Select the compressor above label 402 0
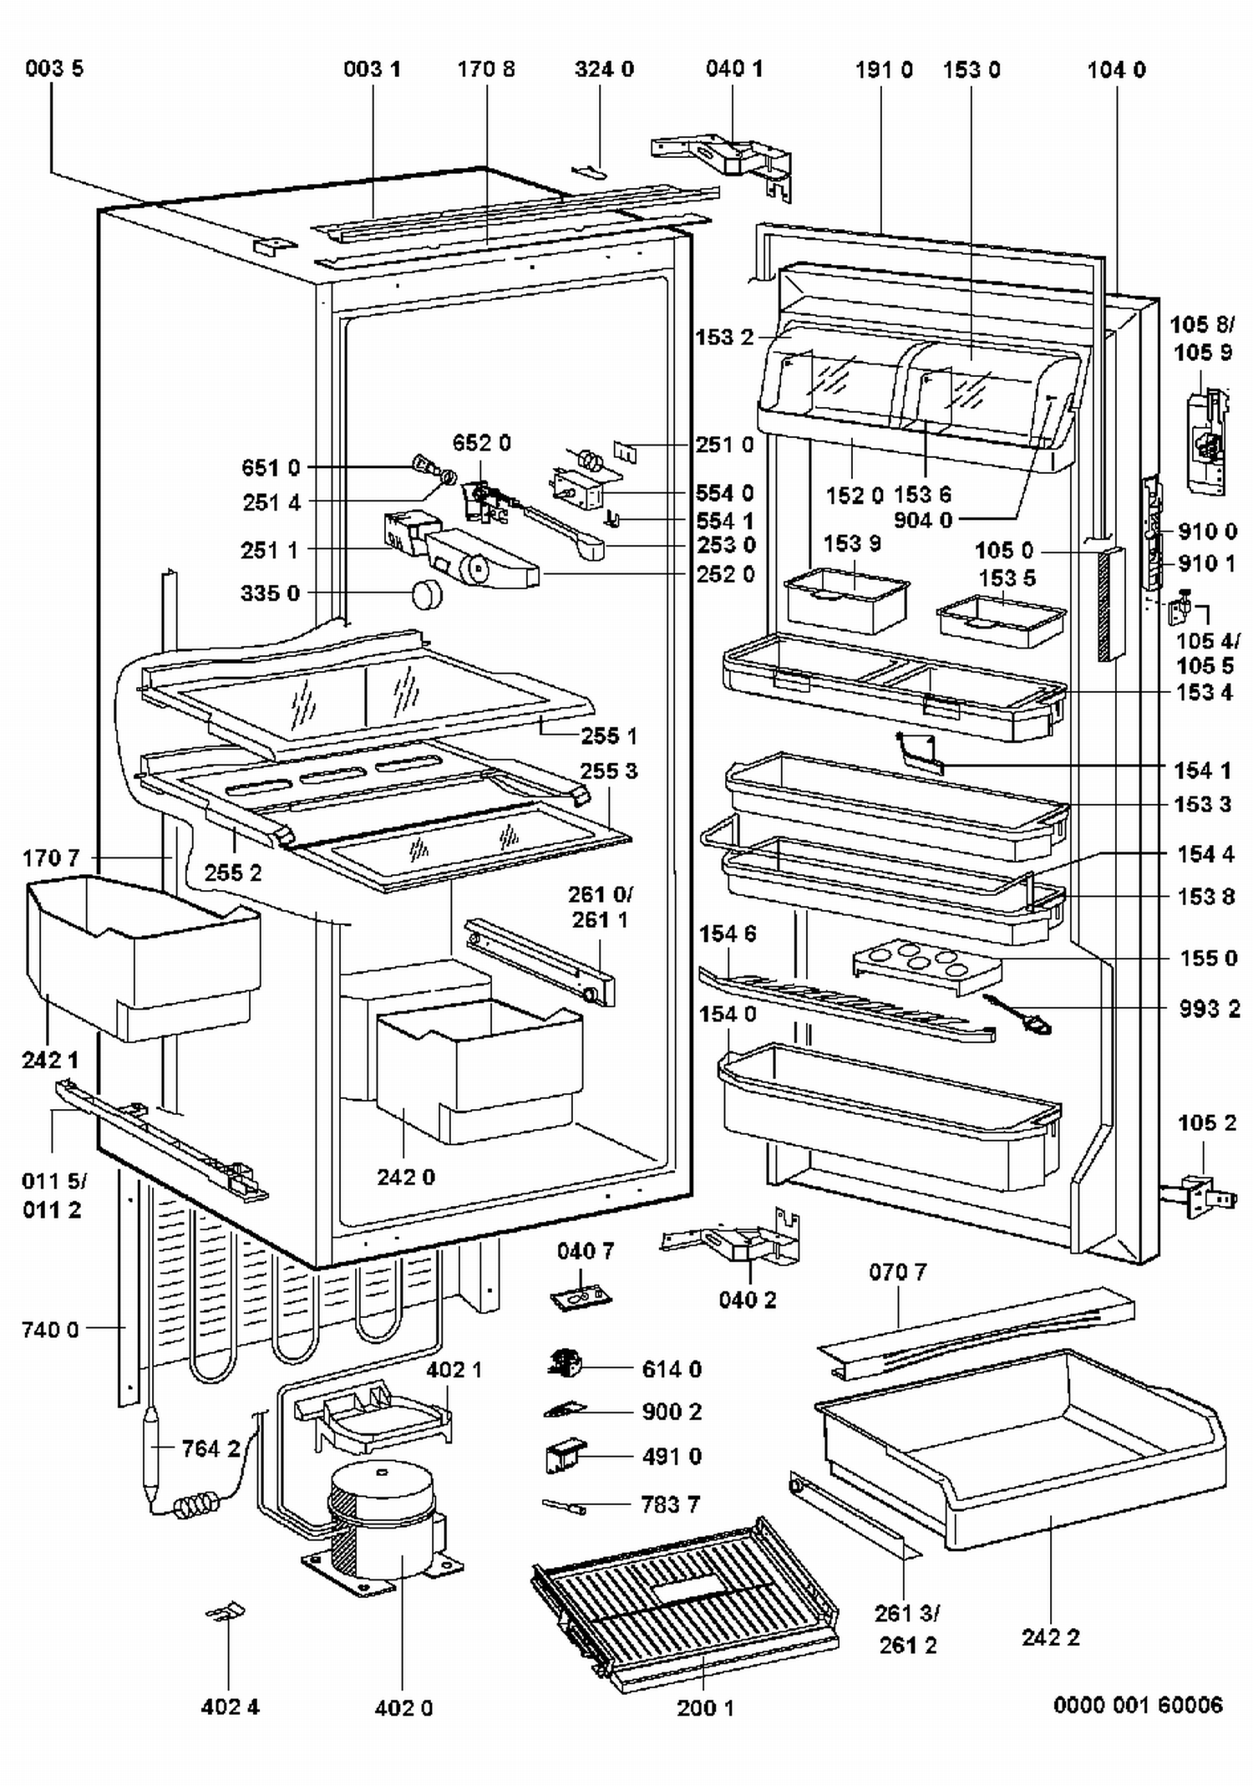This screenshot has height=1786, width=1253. click(383, 1519)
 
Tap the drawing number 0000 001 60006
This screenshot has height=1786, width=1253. click(1138, 1704)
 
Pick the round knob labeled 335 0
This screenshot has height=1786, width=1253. click(427, 594)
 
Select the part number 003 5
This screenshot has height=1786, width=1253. click(54, 69)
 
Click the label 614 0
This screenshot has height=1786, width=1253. click(672, 1369)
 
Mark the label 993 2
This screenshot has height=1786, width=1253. click(1209, 1009)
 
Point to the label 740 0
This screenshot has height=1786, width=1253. click(50, 1329)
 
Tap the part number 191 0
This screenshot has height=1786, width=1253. click(884, 69)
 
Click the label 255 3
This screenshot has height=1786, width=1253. click(609, 771)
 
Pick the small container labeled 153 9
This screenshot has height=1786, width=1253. click(846, 598)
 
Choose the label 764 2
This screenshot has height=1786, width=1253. click(211, 1448)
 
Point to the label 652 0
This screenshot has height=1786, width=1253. click(482, 442)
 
